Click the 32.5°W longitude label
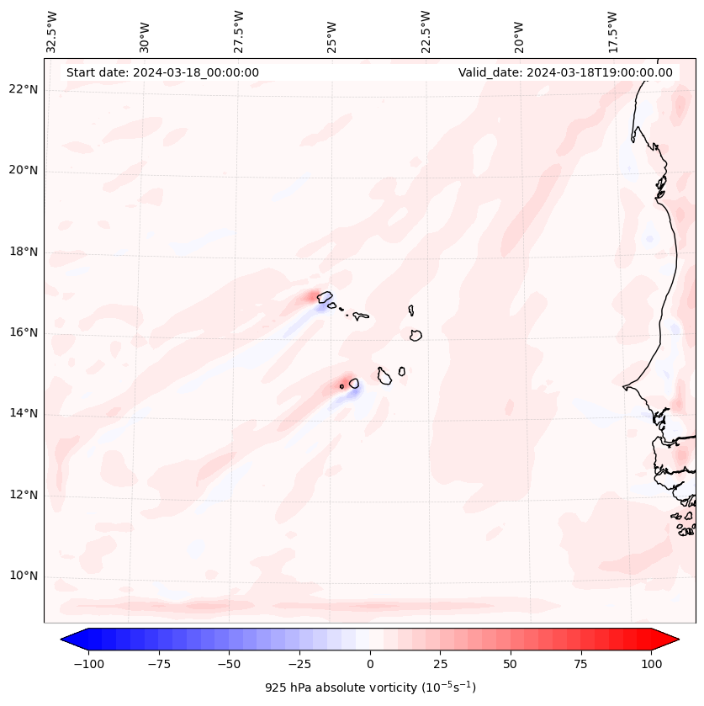click(52, 31)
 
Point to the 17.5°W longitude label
click(611, 31)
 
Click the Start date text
click(162, 72)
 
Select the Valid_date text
click(565, 72)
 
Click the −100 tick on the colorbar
click(88, 664)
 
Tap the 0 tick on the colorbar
click(370, 664)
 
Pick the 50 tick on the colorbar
click(511, 664)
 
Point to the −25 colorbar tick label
click(299, 664)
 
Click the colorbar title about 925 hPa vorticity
click(370, 687)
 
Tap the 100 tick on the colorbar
click(651, 664)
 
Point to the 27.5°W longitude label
click(239, 31)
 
